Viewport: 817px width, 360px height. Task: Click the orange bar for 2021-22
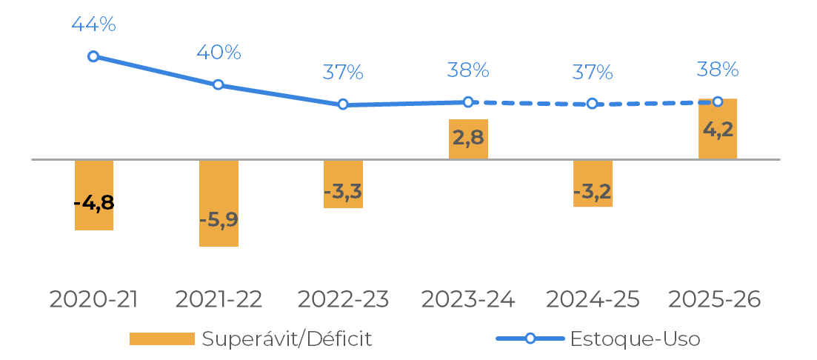[x=219, y=203]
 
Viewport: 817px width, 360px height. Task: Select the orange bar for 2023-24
[x=468, y=139]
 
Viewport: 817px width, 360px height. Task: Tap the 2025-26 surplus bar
[x=718, y=128]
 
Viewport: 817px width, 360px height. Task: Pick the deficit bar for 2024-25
[x=593, y=183]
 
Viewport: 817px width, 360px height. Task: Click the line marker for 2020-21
[x=93, y=56]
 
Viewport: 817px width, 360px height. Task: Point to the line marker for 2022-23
[x=343, y=104]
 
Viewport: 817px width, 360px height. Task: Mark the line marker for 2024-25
[x=592, y=104]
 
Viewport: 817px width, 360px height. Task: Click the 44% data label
[x=93, y=24]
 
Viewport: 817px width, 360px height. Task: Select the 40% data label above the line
[x=219, y=53]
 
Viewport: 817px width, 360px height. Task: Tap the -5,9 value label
[x=219, y=220]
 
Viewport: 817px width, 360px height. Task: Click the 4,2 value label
[x=718, y=130]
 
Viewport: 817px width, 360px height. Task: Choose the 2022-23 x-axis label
[x=343, y=299]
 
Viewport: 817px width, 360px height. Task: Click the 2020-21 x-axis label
[x=93, y=299]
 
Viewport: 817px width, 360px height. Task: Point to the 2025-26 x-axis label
[x=715, y=299]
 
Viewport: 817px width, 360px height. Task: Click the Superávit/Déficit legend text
[x=287, y=339]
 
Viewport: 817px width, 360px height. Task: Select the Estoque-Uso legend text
[x=635, y=339]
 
